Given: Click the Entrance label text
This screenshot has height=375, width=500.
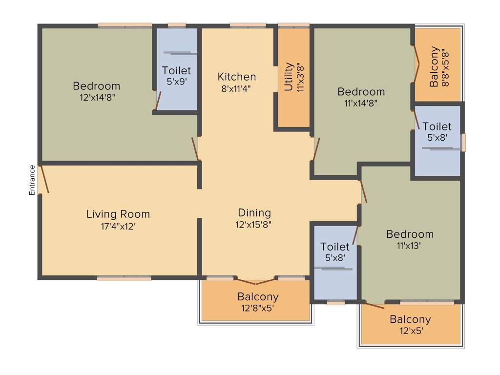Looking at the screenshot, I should tap(32, 180).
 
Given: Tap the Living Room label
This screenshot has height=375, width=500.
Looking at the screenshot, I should tap(118, 214).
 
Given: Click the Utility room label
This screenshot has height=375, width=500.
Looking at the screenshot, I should tap(289, 77).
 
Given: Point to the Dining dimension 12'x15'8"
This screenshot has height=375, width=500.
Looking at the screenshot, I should tap(254, 225).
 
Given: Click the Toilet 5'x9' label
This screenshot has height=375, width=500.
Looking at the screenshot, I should tap(177, 71).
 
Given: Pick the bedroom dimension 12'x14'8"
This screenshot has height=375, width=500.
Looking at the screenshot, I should tap(97, 97).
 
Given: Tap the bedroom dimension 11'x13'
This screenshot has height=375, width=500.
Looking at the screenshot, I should tap(409, 246).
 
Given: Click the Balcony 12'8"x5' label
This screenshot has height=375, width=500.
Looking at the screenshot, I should tap(258, 296).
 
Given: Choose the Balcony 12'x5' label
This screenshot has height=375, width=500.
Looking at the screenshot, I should tap(410, 319).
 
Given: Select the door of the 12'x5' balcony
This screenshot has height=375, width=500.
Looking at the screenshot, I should tap(375, 306).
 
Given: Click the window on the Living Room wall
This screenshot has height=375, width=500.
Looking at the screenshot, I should tap(124, 278).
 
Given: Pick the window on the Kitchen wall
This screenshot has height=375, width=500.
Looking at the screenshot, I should tap(248, 25).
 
